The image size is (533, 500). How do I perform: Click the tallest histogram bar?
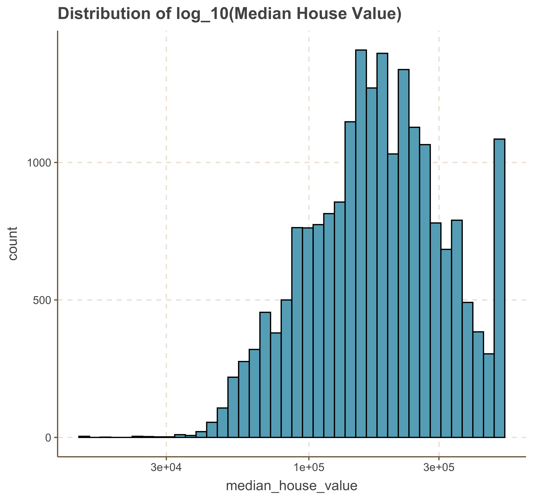pyautogui.click(x=361, y=241)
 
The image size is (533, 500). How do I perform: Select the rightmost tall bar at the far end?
pyautogui.click(x=500, y=287)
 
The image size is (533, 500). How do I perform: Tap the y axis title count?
pyautogui.click(x=13, y=243)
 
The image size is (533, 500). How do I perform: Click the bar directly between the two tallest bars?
pyautogui.click(x=372, y=263)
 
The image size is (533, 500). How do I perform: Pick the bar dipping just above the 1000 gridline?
pyautogui.click(x=393, y=295)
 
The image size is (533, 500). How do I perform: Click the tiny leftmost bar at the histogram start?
pyautogui.click(x=84, y=437)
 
